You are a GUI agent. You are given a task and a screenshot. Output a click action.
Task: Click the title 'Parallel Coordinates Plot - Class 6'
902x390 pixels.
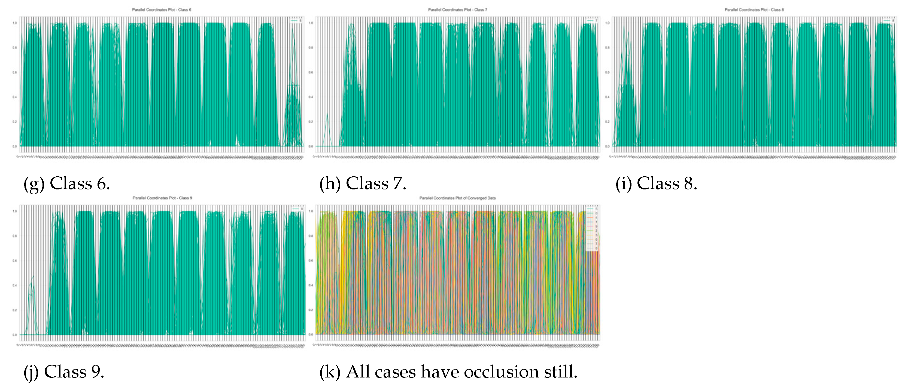coord(162,10)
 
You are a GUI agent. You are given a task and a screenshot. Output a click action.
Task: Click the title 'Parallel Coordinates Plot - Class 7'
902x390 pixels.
coord(457,10)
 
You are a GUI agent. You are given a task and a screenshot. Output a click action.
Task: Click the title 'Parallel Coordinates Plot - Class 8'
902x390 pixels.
coord(754,10)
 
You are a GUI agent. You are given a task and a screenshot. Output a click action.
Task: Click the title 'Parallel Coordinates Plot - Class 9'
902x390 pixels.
coord(162,198)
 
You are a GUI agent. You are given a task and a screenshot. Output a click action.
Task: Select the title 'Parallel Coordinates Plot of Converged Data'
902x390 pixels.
coord(457,198)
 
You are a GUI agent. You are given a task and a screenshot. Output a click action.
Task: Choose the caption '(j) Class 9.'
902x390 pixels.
coord(64,371)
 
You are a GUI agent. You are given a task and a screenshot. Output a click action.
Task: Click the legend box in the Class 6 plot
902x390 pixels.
coord(296,21)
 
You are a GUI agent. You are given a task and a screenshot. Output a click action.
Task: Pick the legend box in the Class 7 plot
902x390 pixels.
coord(592,21)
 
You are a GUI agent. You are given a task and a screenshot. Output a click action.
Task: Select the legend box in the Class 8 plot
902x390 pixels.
coord(889,21)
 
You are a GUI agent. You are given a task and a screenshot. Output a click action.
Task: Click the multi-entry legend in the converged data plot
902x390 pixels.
coord(592,228)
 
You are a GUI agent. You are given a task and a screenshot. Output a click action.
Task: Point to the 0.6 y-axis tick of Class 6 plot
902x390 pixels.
coord(15,72)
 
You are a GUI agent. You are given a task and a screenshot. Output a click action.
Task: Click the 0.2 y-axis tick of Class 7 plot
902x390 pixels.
coord(311,122)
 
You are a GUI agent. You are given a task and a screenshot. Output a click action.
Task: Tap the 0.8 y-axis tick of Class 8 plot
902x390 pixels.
coord(607,48)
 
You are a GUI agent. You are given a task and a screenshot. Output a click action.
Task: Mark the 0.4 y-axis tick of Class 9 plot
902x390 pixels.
coord(15,285)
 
